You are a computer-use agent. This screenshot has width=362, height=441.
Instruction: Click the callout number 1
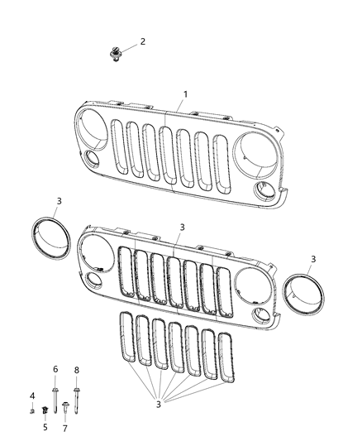[x=185, y=94]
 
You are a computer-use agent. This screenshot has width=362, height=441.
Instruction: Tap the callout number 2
[x=142, y=41]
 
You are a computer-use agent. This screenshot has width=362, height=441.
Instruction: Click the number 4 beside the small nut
[x=32, y=395]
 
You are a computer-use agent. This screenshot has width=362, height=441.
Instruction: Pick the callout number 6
[x=55, y=369]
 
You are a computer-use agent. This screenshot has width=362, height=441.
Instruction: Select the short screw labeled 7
[x=65, y=409]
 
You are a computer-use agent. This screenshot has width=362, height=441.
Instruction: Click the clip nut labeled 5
[x=45, y=412]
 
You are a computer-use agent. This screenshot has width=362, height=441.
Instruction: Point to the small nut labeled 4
[x=33, y=410]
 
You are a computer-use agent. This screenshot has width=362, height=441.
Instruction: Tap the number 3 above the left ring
[x=58, y=201]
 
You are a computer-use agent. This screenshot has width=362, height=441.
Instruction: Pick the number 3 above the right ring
[x=312, y=260]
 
